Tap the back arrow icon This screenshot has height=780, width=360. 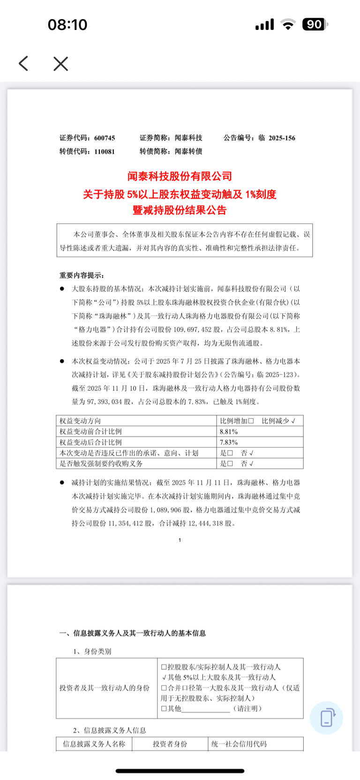coord(23,64)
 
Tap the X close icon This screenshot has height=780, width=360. coord(61,64)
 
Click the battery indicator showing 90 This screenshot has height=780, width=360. coord(315,24)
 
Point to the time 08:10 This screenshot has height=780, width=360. coord(67,24)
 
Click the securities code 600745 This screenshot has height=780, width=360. coord(105,138)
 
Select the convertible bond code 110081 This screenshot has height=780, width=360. coord(105,152)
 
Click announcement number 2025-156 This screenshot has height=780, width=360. coord(282,138)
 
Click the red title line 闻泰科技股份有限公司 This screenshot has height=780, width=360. coord(180,177)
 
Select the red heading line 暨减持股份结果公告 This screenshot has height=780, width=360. coord(180,210)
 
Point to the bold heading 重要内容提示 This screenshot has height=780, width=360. coord(82,275)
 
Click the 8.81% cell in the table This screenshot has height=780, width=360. coord(229,432)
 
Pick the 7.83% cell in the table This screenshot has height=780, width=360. coord(229,442)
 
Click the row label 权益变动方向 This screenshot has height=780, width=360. coord(80,421)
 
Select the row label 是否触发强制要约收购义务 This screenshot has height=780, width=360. coord(101,464)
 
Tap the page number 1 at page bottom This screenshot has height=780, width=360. coord(180,540)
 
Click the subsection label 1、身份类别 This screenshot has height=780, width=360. coord(92,652)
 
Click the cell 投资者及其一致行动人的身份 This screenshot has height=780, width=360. coord(105,688)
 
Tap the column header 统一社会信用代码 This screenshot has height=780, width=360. coord(239,744)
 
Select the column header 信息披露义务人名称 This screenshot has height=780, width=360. coord(94,744)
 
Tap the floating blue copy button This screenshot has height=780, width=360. coord(326,718)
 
